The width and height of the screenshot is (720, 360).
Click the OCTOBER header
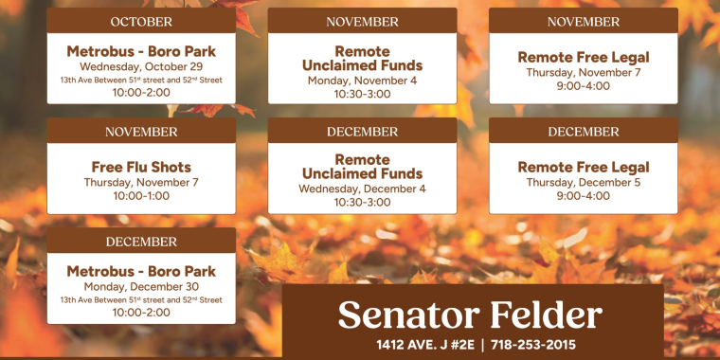tap(141, 22)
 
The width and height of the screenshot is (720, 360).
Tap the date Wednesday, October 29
tap(141, 66)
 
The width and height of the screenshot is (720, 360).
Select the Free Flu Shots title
tap(141, 168)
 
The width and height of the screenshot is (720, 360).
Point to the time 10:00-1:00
tap(141, 196)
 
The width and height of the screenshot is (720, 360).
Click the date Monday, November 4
tap(362, 81)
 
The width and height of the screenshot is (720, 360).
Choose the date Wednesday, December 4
tap(362, 189)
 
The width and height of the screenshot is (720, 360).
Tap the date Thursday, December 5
tap(583, 182)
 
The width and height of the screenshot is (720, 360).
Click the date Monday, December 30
tap(141, 286)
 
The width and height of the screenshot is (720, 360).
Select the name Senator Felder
tap(470, 315)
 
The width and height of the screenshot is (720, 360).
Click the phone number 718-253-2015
tap(533, 345)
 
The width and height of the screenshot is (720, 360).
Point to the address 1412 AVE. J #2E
tap(423, 345)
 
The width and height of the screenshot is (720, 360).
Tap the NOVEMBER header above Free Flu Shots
tap(141, 132)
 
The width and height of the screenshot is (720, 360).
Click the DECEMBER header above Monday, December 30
tap(141, 242)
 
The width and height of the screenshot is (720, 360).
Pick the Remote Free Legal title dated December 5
tap(583, 168)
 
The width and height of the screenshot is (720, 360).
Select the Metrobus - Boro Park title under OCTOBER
tap(141, 51)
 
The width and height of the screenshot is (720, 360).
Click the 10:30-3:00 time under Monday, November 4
tap(362, 94)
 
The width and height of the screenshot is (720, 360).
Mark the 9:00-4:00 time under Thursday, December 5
tap(583, 196)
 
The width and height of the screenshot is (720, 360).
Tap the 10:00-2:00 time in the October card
tap(141, 93)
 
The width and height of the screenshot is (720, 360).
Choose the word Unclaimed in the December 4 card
tap(362, 174)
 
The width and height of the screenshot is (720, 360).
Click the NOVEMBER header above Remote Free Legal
tap(583, 22)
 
